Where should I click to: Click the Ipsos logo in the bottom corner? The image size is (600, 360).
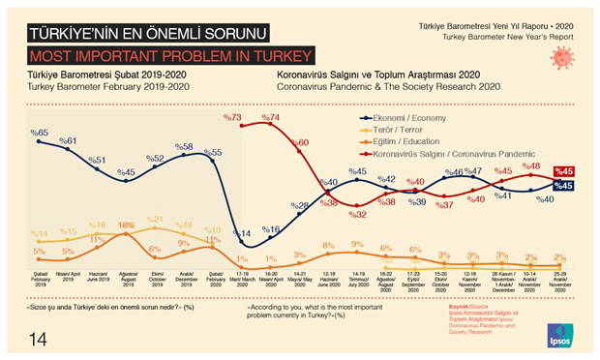[x=559, y=332]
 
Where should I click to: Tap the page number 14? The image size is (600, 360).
[x=38, y=338]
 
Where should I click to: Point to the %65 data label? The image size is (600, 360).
[x=39, y=133]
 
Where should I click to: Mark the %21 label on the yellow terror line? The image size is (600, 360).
[x=155, y=220]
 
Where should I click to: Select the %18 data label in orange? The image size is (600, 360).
[x=126, y=225]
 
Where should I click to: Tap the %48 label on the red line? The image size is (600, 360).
[x=531, y=166]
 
